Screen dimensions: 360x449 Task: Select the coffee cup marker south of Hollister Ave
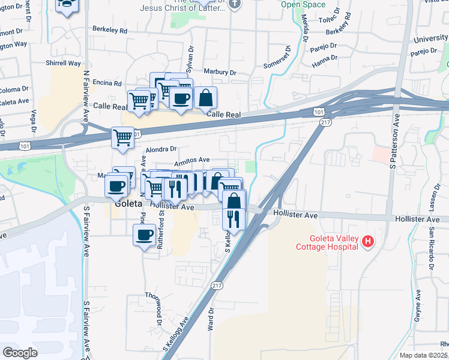click(145, 235)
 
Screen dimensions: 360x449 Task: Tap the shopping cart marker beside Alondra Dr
click(123, 137)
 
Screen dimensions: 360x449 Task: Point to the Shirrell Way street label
click(64, 63)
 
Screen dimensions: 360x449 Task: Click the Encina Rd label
click(108, 83)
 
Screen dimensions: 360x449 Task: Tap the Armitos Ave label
click(191, 160)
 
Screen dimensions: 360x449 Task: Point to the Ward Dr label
click(211, 319)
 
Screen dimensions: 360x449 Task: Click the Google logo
click(20, 353)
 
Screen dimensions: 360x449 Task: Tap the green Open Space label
click(303, 4)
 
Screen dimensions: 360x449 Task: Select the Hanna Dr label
click(325, 59)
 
